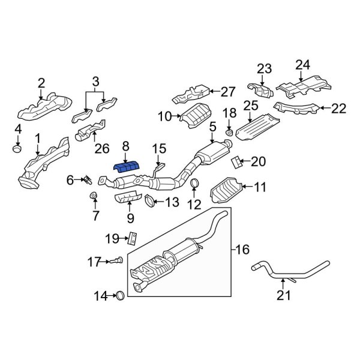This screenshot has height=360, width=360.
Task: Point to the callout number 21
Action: click(282, 295)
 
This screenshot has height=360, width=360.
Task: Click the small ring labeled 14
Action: click(119, 295)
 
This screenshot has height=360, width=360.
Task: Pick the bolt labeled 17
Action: click(115, 261)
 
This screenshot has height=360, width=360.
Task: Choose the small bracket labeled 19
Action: click(133, 238)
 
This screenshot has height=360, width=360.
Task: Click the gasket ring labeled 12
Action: click(195, 184)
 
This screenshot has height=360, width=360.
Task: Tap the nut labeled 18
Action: click(229, 131)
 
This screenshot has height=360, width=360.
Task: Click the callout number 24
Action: click(302, 65)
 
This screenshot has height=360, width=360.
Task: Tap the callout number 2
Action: click(41, 83)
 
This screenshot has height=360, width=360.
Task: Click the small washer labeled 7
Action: click(94, 196)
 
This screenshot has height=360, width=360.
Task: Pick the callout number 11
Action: click(260, 187)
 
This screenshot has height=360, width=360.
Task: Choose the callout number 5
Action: click(212, 127)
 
